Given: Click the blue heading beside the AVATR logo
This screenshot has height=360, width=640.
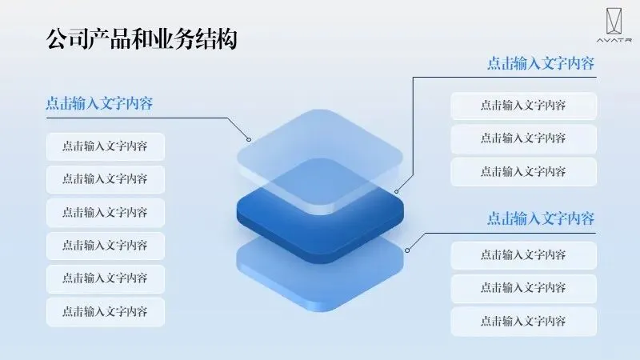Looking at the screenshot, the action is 541,64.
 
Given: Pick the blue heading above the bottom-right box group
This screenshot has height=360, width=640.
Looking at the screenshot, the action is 541,218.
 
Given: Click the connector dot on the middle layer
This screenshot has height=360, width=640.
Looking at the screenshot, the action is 398,192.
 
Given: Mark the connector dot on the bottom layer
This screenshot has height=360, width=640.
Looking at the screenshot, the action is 407,250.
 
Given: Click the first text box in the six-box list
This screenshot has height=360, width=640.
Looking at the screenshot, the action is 105,146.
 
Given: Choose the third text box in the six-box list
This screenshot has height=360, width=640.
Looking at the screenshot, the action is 105,213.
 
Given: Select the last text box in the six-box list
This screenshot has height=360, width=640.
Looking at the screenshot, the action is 105,312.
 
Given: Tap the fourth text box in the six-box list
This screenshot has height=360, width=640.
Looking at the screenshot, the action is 105,246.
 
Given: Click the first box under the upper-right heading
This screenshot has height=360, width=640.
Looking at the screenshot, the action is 523,106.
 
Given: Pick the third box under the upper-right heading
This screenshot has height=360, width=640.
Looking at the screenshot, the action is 523,172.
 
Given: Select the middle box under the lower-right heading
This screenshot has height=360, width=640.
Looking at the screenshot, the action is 523,288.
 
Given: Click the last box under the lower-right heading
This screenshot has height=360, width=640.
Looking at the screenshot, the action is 523,322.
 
